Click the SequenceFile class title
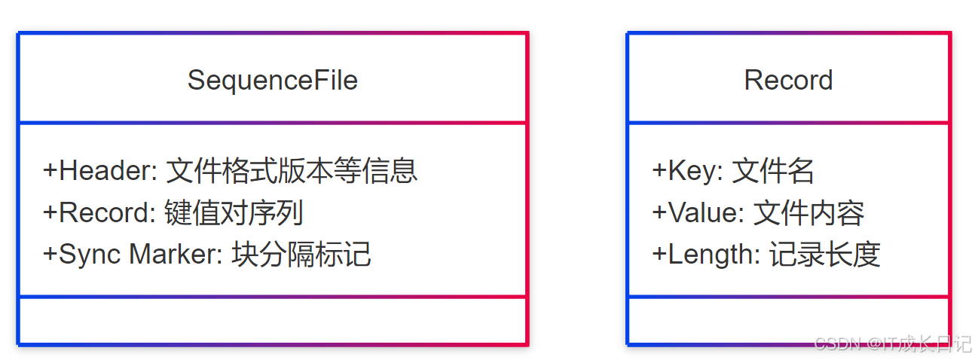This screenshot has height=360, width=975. point(272,80)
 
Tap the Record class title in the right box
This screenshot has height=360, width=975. point(788,80)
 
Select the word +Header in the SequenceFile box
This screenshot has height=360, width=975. point(98,171)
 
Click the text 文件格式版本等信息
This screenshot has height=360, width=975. point(291,171)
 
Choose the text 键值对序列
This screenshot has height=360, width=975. point(234,213)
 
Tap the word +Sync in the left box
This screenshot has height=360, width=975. point(84,255)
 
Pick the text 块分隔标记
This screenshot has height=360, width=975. point(301,255)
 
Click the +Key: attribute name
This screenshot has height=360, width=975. point(687,171)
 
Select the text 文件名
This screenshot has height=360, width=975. point(773,171)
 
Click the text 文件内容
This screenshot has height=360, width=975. point(808,213)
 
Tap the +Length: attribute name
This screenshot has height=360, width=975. point(706,255)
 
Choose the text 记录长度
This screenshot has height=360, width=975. point(825,255)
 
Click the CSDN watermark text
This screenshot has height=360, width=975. point(893,344)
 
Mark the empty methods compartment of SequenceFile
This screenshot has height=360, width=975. point(272,321)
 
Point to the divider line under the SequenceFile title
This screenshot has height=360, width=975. point(272,123)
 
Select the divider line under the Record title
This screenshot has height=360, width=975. point(788,123)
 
